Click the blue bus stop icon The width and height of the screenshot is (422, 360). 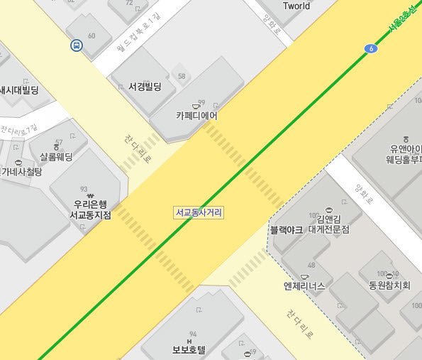click(x=75, y=46)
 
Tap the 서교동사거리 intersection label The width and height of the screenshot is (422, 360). click(x=199, y=212)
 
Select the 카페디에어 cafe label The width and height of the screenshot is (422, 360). click(x=196, y=116)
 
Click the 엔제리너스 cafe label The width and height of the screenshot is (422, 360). click(x=304, y=286)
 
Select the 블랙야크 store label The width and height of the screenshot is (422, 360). click(x=287, y=229)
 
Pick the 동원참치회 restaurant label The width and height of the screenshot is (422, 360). click(x=389, y=286)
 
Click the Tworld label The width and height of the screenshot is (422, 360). click(x=296, y=6)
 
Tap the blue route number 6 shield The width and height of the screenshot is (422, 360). click(x=372, y=48)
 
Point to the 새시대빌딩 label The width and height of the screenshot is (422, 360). click(x=19, y=90)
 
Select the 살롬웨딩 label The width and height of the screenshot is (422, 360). click(x=56, y=156)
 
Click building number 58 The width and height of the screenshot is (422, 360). click(x=182, y=76)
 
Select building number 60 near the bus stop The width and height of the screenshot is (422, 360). click(x=91, y=36)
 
